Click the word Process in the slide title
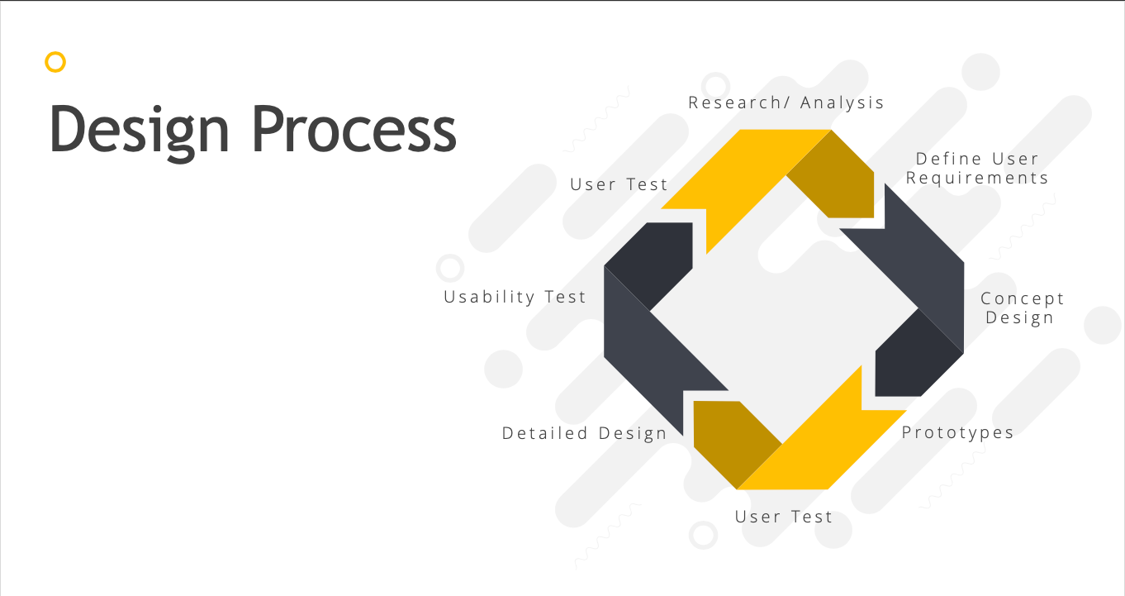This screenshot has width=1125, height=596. (354, 128)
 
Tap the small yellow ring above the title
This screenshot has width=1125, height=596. (55, 62)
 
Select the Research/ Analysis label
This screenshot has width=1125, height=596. (786, 103)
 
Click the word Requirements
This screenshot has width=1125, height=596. (977, 178)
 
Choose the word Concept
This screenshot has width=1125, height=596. (1022, 299)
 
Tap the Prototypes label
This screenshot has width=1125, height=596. (958, 433)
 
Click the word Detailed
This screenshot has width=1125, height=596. (545, 433)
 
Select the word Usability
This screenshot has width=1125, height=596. (489, 298)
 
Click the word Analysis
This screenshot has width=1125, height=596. (842, 103)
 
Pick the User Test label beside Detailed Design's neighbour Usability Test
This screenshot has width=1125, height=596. (619, 185)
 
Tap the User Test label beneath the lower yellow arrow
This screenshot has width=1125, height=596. (784, 517)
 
